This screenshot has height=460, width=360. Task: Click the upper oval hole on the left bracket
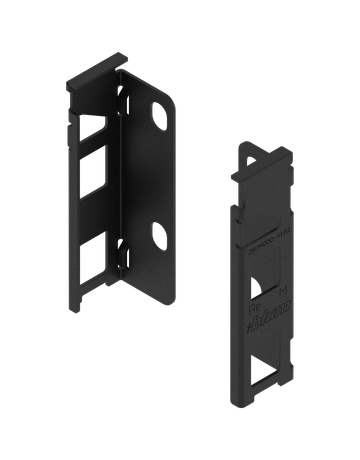pos(159,114)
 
